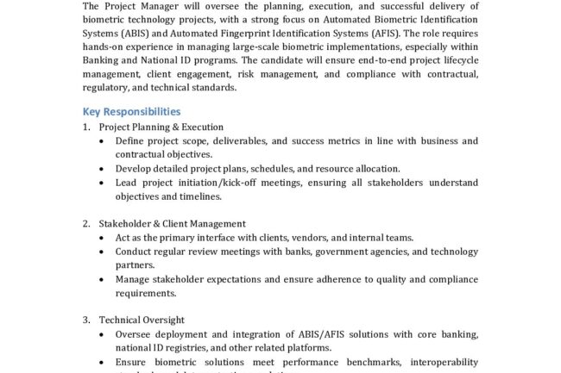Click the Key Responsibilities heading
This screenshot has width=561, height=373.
(131, 111)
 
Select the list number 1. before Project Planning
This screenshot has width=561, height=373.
(86, 127)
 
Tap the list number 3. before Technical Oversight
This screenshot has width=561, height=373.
(86, 320)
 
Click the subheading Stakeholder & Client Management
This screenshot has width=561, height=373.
(172, 223)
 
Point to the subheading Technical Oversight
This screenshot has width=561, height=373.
(142, 320)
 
